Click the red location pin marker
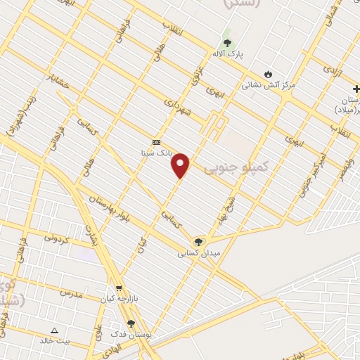pos(181,165)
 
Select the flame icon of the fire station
pos(267,74)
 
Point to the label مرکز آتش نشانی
pos(269,85)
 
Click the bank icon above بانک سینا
pos(156,142)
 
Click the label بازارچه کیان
pos(117,300)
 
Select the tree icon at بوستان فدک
pos(131,323)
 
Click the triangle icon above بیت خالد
pos(55,329)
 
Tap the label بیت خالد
pos(54,340)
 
